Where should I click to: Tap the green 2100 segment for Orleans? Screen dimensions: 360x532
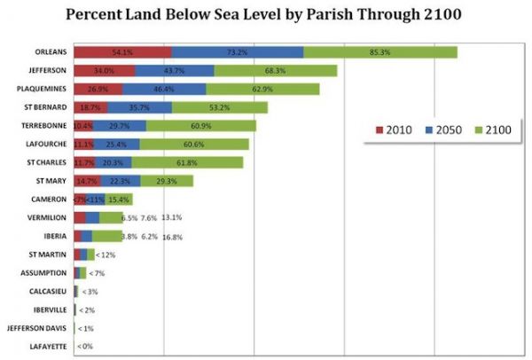tap(379, 51)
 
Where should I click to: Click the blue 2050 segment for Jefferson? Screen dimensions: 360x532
tap(174, 70)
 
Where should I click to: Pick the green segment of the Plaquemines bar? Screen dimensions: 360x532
tap(262, 89)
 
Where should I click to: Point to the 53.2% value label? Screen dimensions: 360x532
tap(219, 107)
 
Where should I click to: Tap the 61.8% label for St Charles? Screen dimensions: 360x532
tap(187, 162)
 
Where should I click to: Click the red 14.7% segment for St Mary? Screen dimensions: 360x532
tap(86, 181)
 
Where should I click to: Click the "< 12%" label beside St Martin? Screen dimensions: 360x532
tap(106, 254)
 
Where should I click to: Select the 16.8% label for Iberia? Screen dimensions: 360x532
tap(170, 237)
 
